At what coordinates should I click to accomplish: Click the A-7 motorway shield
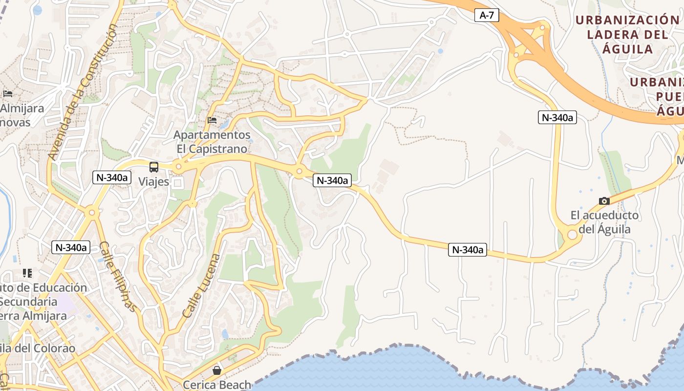click(x=487, y=15)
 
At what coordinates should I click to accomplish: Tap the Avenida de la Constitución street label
click(x=84, y=92)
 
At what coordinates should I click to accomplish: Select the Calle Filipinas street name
click(x=117, y=276)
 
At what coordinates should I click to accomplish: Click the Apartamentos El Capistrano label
click(x=212, y=142)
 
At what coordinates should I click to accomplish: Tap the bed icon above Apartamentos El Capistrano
click(x=212, y=120)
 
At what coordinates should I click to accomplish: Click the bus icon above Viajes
click(x=154, y=167)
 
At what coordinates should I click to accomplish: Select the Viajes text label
click(x=153, y=182)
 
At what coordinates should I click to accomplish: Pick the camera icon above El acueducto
click(x=604, y=201)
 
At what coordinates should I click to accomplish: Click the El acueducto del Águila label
click(x=604, y=222)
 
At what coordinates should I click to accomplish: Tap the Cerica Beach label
click(x=217, y=385)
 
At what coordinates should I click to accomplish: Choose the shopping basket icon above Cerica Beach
click(x=217, y=370)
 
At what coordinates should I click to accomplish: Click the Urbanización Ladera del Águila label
click(x=627, y=34)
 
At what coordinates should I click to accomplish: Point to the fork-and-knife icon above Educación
click(x=27, y=273)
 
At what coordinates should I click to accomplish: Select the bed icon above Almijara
click(x=8, y=93)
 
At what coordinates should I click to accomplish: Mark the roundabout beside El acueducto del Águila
click(x=572, y=235)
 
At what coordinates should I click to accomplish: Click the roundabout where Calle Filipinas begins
click(x=91, y=213)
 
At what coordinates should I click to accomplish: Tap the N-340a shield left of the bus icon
click(x=112, y=177)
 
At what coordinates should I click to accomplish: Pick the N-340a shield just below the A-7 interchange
click(x=557, y=117)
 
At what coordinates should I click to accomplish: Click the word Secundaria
click(x=29, y=302)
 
